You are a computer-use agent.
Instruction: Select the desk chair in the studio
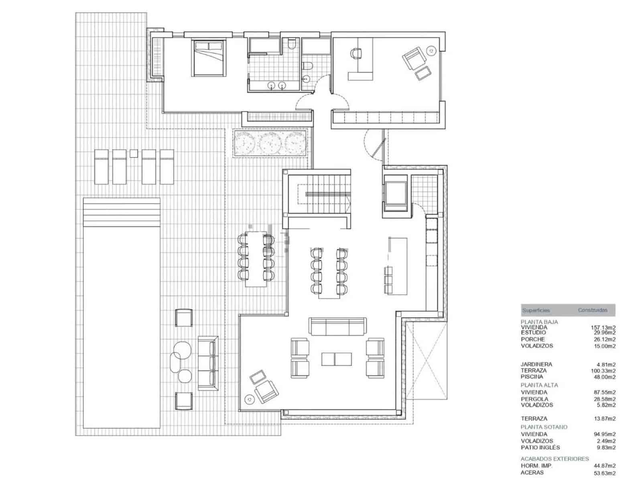coord(356,53)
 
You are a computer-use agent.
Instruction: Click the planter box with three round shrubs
coord(272,143)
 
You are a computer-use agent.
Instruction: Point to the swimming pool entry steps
coord(122,209)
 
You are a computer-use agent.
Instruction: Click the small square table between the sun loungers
coord(134,153)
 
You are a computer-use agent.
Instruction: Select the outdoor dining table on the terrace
coord(256,259)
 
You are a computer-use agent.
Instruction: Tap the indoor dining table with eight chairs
coord(329,272)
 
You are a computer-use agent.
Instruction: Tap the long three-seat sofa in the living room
coord(337,326)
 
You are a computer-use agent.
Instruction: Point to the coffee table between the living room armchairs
coord(336,359)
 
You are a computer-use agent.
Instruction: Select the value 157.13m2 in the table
coord(603,328)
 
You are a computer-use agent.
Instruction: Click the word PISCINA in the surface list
coord(532,377)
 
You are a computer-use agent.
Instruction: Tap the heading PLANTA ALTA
coord(539,385)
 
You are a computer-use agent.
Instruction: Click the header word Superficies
coord(536,310)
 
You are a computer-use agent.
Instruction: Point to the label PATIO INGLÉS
coord(540,447)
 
